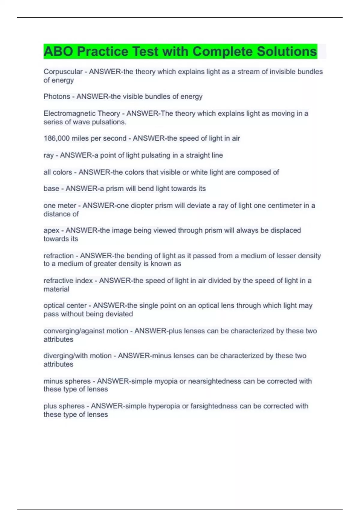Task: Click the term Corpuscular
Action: coord(63,72)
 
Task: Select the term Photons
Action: coord(57,97)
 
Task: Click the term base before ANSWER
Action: coord(51,189)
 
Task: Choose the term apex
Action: coord(51,230)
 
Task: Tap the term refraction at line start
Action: coord(58,256)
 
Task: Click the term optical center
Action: coord(65,306)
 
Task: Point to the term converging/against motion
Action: coord(86,331)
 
